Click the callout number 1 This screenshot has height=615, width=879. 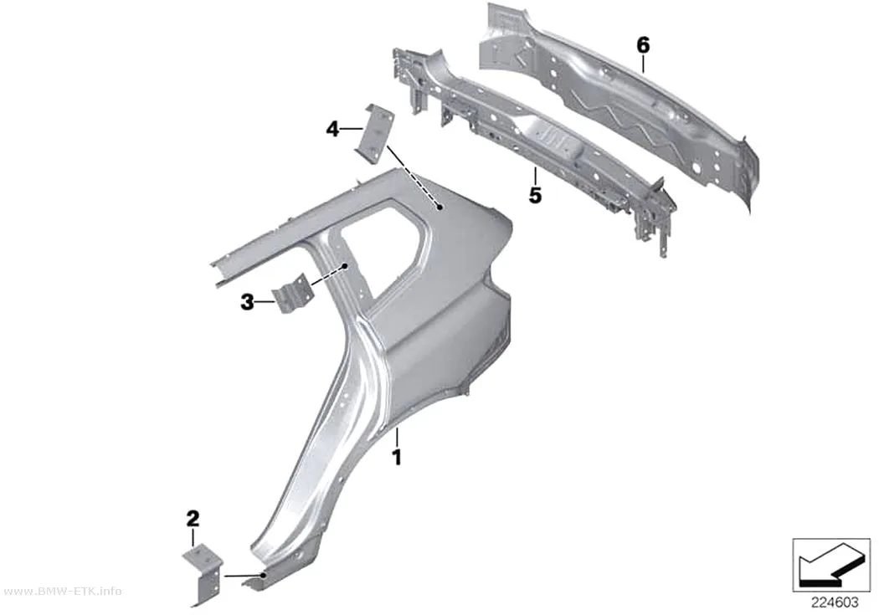(x=397, y=458)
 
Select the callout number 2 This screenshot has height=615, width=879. (x=193, y=519)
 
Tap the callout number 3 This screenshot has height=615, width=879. (x=247, y=302)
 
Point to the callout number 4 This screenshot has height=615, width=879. (x=332, y=130)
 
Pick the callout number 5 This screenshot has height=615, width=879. (x=536, y=196)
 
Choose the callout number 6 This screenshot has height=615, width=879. (x=643, y=45)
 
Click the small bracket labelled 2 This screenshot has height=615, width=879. (x=203, y=575)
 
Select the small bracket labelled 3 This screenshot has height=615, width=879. (x=290, y=293)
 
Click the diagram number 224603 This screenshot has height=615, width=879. (x=835, y=602)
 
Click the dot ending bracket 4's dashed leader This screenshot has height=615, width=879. (x=441, y=207)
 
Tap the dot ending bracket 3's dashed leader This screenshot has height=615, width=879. (x=346, y=265)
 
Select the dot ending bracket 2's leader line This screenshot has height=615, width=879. (x=263, y=574)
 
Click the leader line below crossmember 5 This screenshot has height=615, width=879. (x=536, y=177)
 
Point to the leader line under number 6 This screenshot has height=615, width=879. (x=643, y=64)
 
